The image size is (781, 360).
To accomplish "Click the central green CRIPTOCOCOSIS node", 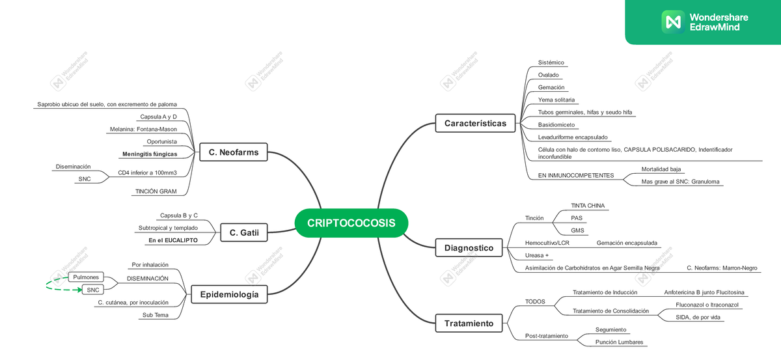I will (351, 223).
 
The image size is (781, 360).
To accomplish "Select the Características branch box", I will (475, 123).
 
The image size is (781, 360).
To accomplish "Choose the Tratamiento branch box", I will (469, 323).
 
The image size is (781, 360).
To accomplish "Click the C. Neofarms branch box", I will (234, 153).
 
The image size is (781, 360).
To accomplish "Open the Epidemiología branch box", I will (229, 295).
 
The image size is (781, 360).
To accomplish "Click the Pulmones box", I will (86, 277).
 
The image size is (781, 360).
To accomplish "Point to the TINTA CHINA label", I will (588, 206).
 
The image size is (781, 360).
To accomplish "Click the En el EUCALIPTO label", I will (173, 240).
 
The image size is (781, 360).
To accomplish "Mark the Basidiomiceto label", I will (556, 124).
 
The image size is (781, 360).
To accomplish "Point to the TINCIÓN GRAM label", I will (156, 191).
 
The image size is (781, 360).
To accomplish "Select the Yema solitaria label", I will (556, 100).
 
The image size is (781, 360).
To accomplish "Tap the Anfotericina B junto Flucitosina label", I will (704, 292).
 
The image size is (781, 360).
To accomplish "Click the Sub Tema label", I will (156, 315).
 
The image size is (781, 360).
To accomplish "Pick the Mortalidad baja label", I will (661, 169).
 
